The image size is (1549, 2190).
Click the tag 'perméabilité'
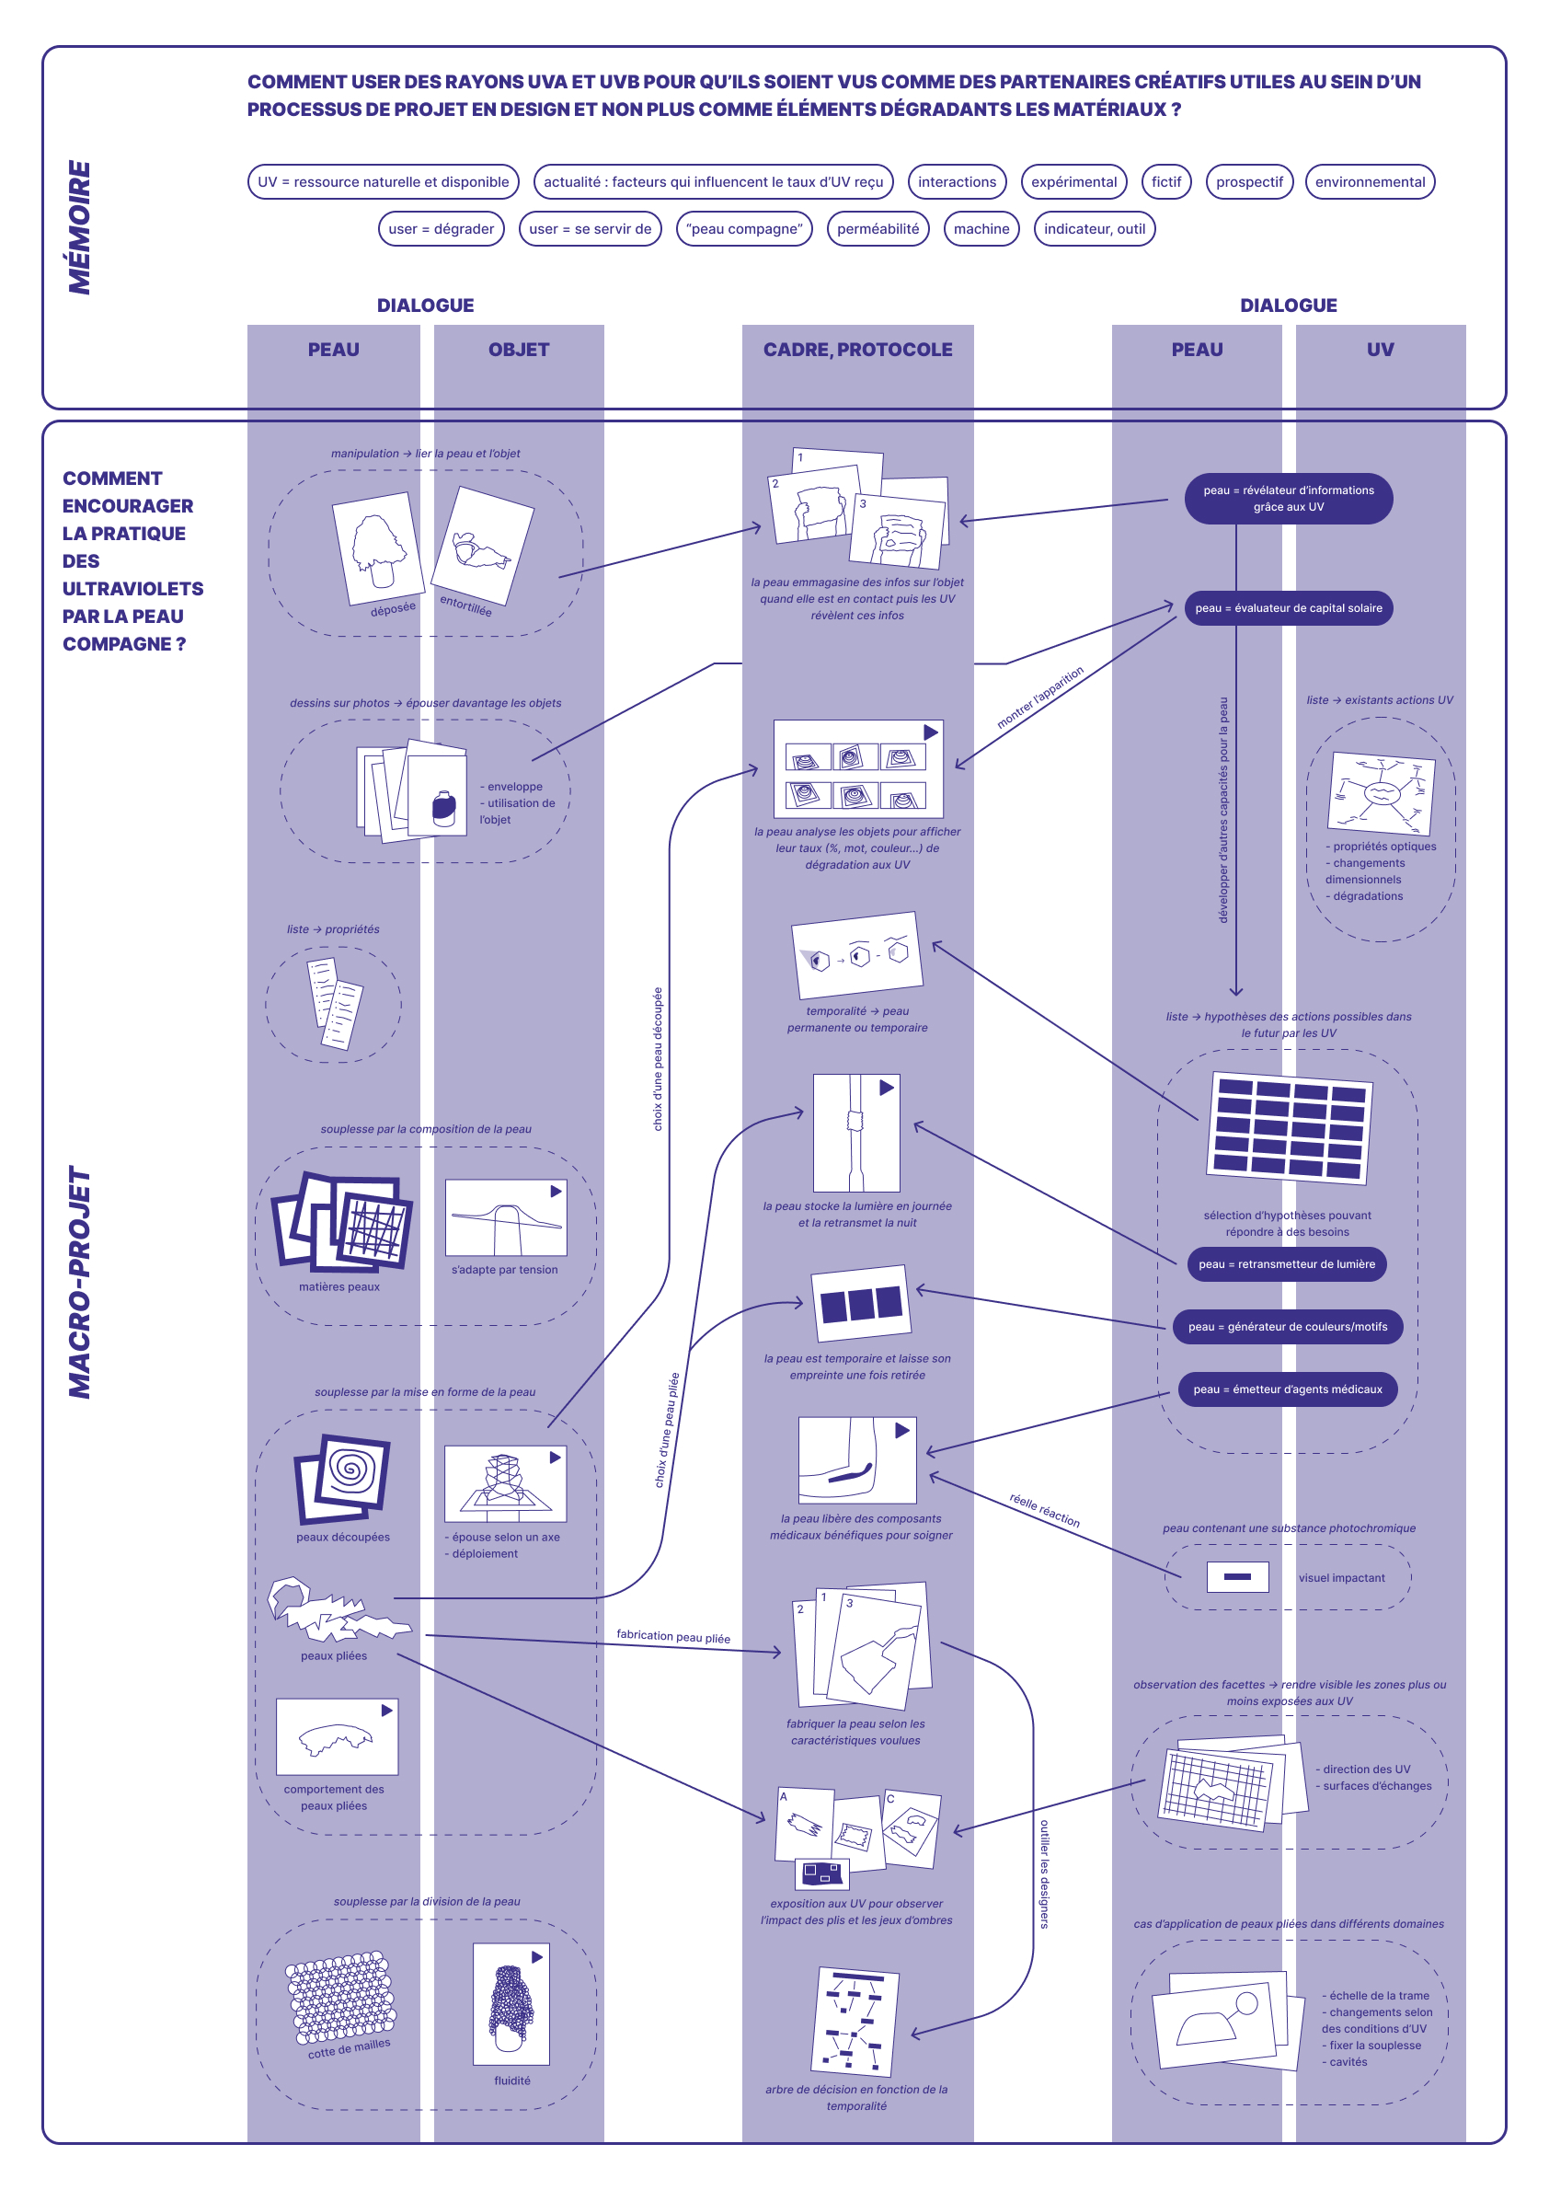[878, 229]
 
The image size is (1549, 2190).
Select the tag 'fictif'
[1165, 182]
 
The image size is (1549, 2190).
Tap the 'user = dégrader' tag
[441, 229]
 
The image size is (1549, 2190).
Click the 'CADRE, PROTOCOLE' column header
[857, 351]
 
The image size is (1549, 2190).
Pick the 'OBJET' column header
[519, 351]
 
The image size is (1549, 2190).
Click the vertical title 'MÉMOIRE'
[80, 227]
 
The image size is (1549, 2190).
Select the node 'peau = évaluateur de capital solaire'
[1288, 609]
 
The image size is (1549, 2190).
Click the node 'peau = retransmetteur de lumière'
[1287, 1264]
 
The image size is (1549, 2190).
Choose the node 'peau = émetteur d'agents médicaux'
[1288, 1389]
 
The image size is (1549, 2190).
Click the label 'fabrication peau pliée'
[673, 1637]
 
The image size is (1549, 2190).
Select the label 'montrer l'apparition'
[1039, 697]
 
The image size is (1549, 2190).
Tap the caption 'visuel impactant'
[1341, 1578]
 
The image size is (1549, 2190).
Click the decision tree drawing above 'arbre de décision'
[855, 2021]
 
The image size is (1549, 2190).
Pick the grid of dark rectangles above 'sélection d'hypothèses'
[1289, 1128]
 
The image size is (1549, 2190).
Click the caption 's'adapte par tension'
[505, 1270]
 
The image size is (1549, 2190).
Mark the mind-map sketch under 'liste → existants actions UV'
[1381, 792]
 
